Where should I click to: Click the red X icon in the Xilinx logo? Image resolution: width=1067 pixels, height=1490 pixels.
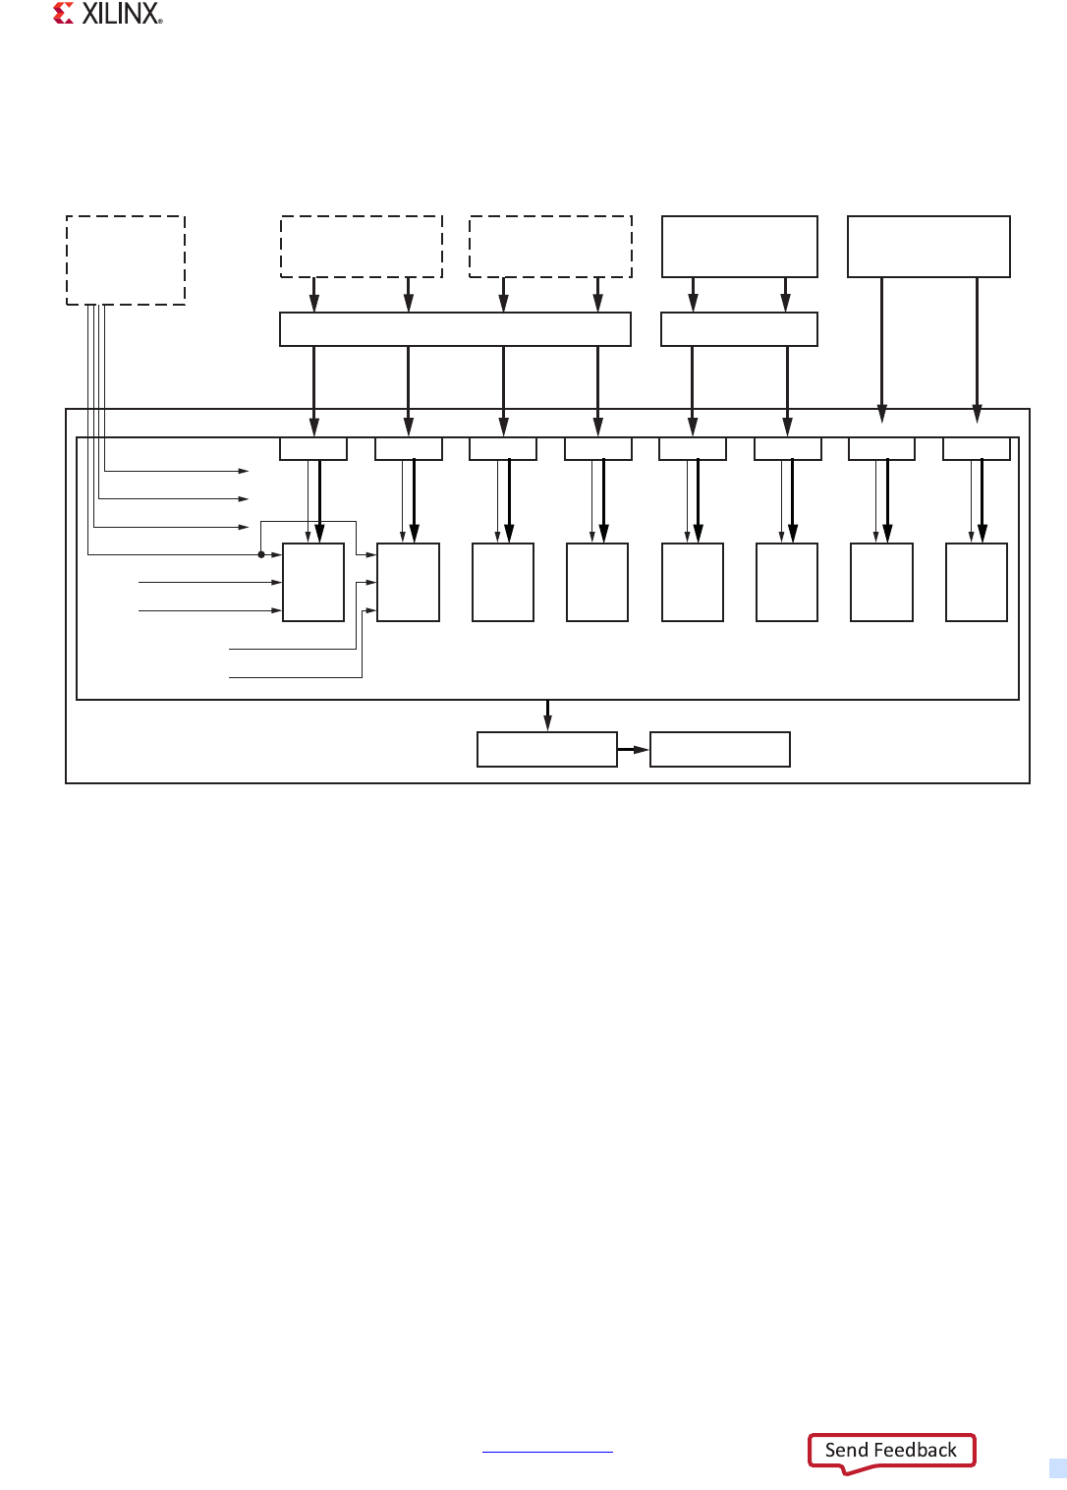(64, 14)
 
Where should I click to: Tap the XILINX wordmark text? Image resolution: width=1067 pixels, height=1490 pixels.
(121, 14)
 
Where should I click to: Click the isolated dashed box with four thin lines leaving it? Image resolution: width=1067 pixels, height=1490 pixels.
(126, 260)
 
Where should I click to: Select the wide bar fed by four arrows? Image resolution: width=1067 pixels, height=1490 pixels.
(455, 329)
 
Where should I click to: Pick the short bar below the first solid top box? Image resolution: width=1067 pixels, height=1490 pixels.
(739, 329)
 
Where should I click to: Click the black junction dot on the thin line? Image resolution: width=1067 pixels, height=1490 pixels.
(261, 554)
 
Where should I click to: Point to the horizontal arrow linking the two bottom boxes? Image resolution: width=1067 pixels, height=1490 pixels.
(634, 750)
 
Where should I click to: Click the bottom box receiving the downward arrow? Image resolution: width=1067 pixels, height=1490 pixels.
(547, 749)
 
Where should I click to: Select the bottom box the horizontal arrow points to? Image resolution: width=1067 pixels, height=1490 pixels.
(720, 749)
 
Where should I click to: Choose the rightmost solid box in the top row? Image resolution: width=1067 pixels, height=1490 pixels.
(928, 247)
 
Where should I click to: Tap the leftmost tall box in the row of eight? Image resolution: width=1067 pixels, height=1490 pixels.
(313, 582)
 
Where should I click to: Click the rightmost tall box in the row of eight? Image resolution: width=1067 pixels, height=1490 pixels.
(977, 582)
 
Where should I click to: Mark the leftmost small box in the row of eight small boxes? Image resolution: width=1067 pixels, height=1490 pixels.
(313, 448)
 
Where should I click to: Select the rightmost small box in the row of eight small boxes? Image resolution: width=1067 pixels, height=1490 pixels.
(977, 448)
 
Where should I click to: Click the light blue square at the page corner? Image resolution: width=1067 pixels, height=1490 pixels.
(1058, 1468)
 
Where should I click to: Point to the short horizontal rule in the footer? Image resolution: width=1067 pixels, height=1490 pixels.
(547, 1452)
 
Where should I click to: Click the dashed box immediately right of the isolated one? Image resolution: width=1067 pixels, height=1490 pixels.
(362, 247)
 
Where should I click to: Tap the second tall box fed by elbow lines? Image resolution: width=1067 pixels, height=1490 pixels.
(408, 582)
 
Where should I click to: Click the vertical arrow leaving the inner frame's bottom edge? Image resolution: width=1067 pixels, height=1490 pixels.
(547, 715)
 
